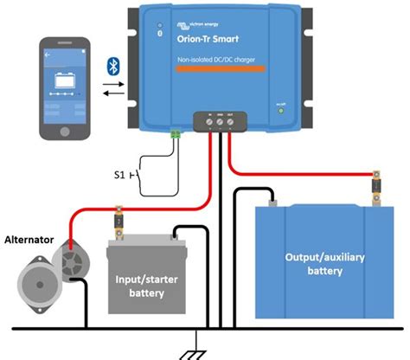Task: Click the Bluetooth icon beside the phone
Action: pyautogui.click(x=112, y=67)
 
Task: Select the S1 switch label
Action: pyautogui.click(x=121, y=176)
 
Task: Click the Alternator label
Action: pyautogui.click(x=29, y=239)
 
